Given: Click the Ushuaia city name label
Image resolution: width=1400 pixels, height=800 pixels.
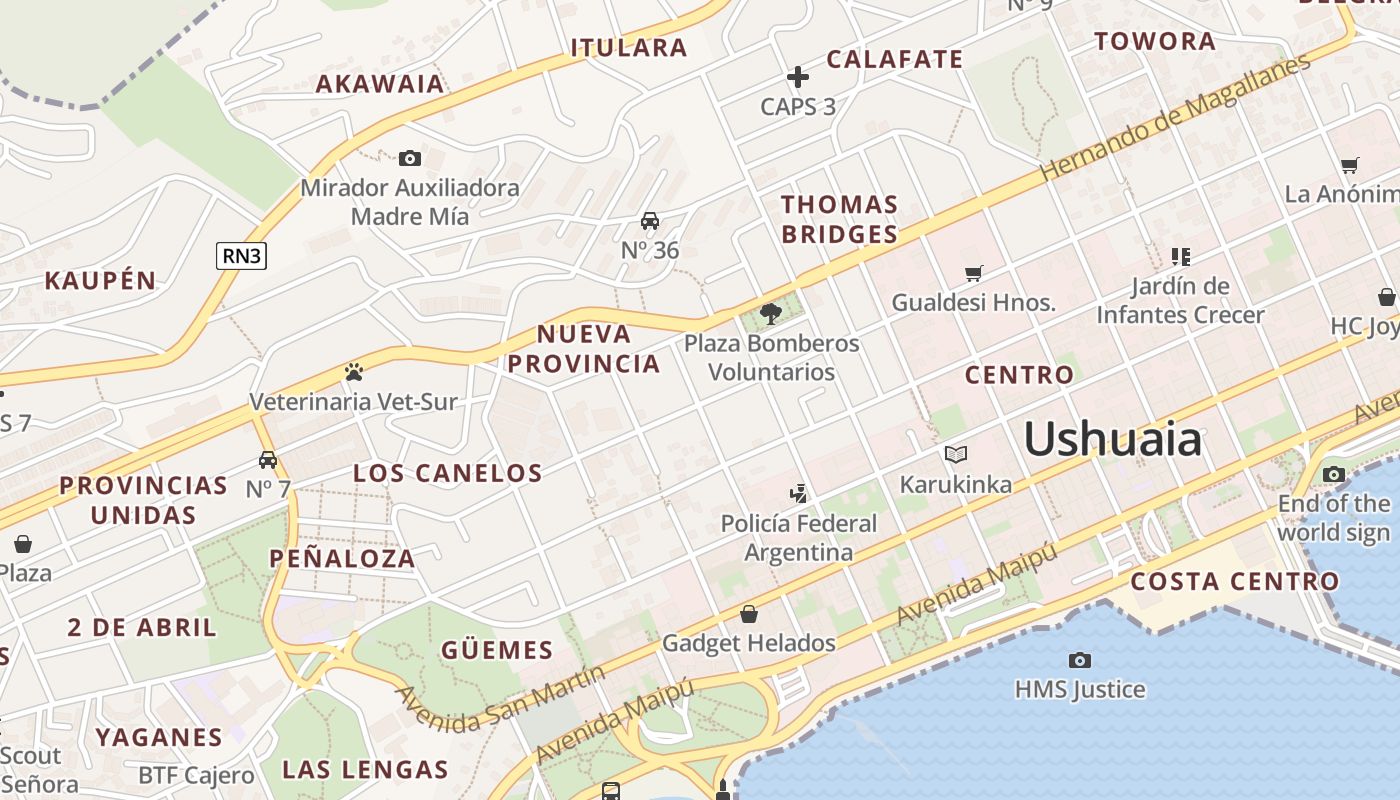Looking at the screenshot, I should point(1112,439).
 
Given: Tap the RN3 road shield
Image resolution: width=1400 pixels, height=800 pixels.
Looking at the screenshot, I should point(242,256).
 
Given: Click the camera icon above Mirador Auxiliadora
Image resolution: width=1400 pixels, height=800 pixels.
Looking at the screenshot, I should point(409,158).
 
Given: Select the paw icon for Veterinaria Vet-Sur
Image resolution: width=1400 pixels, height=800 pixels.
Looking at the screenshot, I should point(353,373).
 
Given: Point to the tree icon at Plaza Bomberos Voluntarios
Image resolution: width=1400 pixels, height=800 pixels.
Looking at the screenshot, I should point(770,314).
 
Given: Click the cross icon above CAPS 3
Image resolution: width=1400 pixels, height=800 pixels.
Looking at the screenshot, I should point(797,77).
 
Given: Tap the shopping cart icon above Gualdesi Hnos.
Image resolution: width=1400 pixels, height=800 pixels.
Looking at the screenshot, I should point(973,273).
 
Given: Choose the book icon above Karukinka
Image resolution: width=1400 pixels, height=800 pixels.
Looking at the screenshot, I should point(956,455).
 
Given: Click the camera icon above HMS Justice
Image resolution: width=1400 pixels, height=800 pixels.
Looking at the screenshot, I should point(1079,660).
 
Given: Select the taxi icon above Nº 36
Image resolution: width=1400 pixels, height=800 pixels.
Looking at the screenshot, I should point(650,221).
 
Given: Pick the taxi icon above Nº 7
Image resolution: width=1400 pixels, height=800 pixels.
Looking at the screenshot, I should point(267,460).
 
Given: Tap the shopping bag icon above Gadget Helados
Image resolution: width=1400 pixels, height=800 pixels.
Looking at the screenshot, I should point(748,614).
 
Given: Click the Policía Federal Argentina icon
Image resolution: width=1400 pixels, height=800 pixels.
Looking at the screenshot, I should point(798,493).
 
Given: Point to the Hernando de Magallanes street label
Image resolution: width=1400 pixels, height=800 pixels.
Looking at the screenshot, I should point(1175,117).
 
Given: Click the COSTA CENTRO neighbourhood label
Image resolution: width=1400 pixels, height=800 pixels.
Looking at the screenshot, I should point(1235,581).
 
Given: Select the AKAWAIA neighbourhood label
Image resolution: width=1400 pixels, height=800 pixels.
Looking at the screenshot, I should point(380,84).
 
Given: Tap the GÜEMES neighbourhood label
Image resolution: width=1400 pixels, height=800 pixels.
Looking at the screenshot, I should point(497,651).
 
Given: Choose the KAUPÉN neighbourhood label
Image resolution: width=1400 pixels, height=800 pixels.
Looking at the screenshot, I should point(100,281).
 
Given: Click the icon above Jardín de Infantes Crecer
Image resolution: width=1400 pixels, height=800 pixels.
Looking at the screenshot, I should point(1180,257).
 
